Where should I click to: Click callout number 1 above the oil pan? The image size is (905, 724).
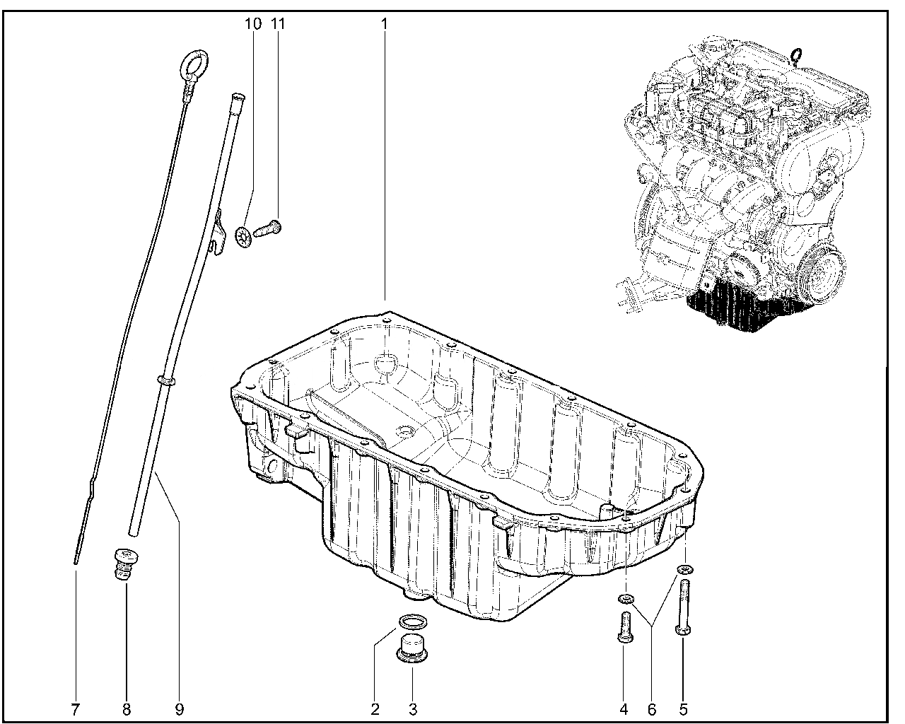383,23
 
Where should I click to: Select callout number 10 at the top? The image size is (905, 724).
252,23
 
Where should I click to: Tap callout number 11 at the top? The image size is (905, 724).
278,23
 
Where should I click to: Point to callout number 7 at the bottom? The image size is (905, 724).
75,710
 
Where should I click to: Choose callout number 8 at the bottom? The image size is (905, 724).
127,710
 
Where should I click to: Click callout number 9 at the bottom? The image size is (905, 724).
180,710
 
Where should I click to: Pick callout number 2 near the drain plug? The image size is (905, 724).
375,710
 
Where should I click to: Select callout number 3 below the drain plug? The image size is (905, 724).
413,710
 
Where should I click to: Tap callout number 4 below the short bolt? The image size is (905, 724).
624,710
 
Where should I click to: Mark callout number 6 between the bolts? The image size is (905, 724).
651,710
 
